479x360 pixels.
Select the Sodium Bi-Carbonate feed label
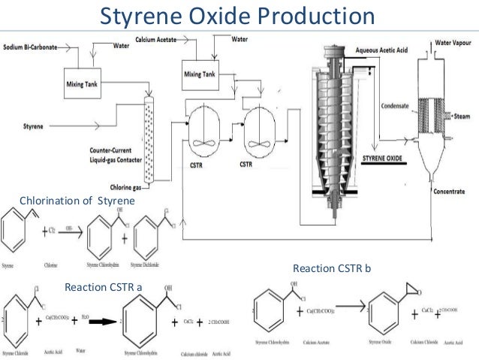33,46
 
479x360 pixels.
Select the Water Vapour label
454,44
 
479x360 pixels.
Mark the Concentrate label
453,192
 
